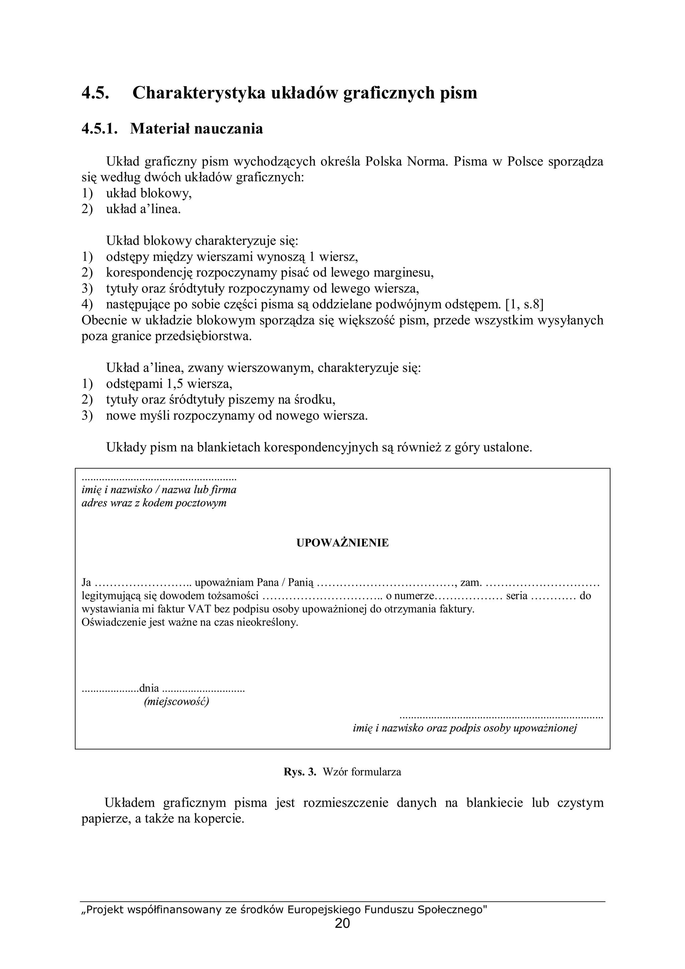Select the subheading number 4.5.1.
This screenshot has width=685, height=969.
[99, 128]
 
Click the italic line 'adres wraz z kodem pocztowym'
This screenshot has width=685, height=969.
[154, 503]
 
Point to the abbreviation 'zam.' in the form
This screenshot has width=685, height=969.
[471, 583]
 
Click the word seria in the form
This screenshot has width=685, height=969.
[517, 596]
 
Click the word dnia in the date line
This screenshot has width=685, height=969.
[150, 688]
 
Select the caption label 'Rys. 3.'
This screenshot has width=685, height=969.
[300, 772]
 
